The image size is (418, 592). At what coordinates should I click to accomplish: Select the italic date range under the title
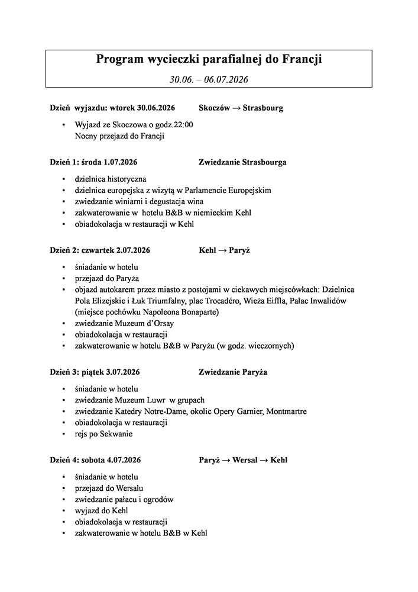[209, 79]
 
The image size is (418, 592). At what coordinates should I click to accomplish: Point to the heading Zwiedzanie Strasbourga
[242, 162]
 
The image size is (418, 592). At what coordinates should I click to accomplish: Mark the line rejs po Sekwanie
[104, 434]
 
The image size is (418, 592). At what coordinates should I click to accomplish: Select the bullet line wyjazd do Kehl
[102, 510]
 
